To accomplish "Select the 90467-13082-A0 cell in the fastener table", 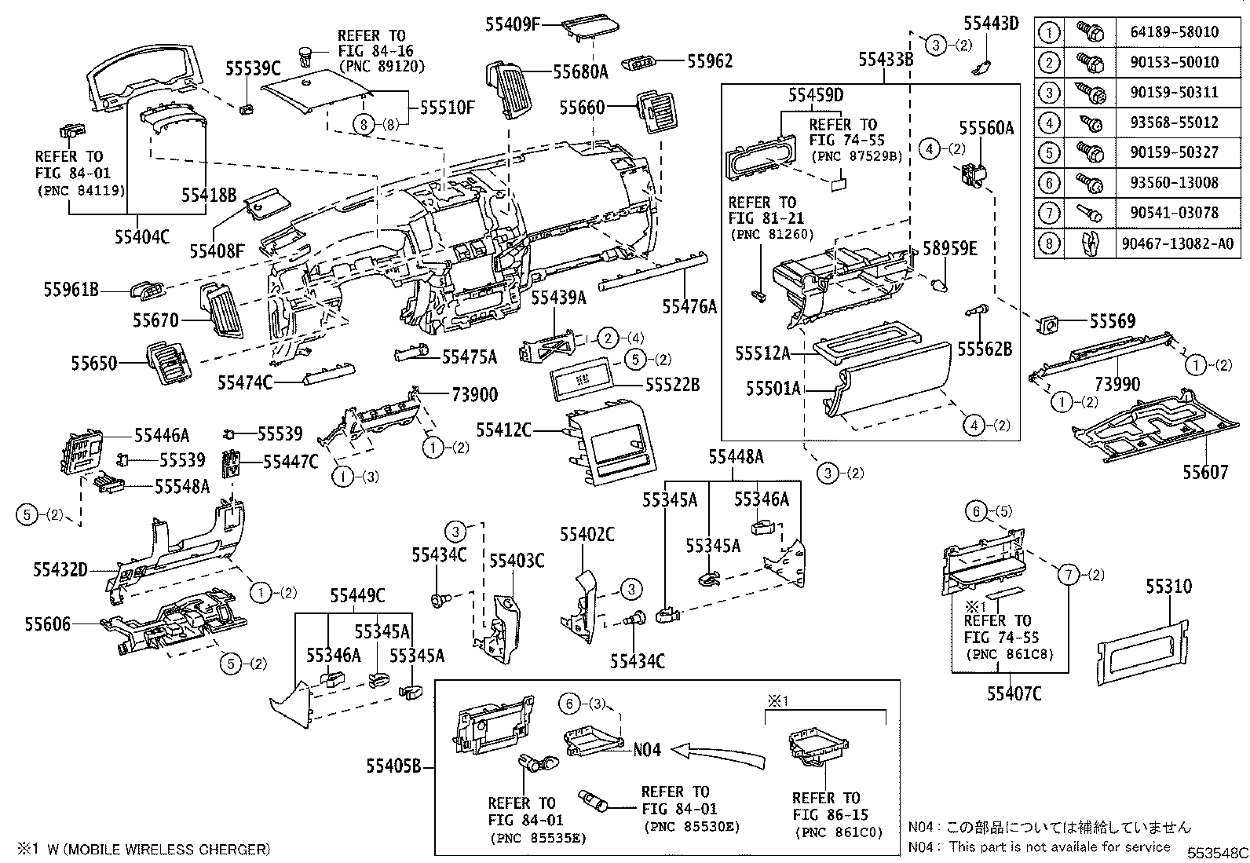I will [x=1176, y=243].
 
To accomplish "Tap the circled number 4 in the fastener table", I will [x=1049, y=123].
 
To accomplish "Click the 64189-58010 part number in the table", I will [x=1175, y=32].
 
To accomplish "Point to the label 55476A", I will [x=689, y=307].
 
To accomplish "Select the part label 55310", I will [x=1168, y=587].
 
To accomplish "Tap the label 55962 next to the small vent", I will [x=710, y=60].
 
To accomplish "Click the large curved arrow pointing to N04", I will [x=718, y=754].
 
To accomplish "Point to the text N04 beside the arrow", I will [x=647, y=750].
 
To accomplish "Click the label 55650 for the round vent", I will [x=93, y=364].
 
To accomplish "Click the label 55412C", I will [x=504, y=430].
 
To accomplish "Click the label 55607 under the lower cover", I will [x=1205, y=472].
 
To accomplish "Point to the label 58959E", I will [x=949, y=249].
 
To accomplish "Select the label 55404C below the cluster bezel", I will [x=141, y=236].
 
